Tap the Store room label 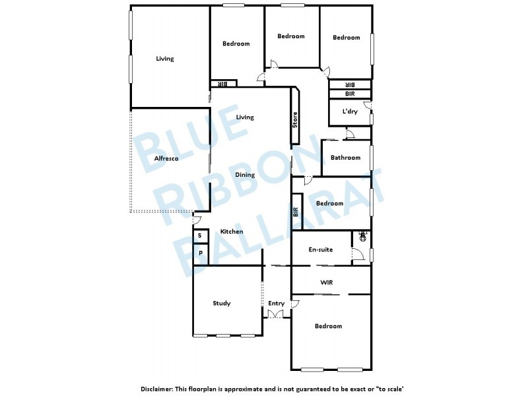coord(295,119)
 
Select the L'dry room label coord(350,112)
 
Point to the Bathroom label coord(345,158)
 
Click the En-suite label coord(321,250)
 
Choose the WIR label coord(326,282)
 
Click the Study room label coord(222,304)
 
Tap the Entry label coord(276,304)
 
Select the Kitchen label coord(232,232)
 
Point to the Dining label coord(245,175)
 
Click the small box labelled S coord(199,236)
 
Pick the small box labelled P coord(200,253)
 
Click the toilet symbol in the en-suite coord(362,236)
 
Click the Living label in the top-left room coord(165,59)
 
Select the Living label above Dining coord(245,117)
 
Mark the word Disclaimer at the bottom coord(159,389)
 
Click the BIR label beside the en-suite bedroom coord(296,212)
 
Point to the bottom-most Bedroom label coord(328,326)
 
